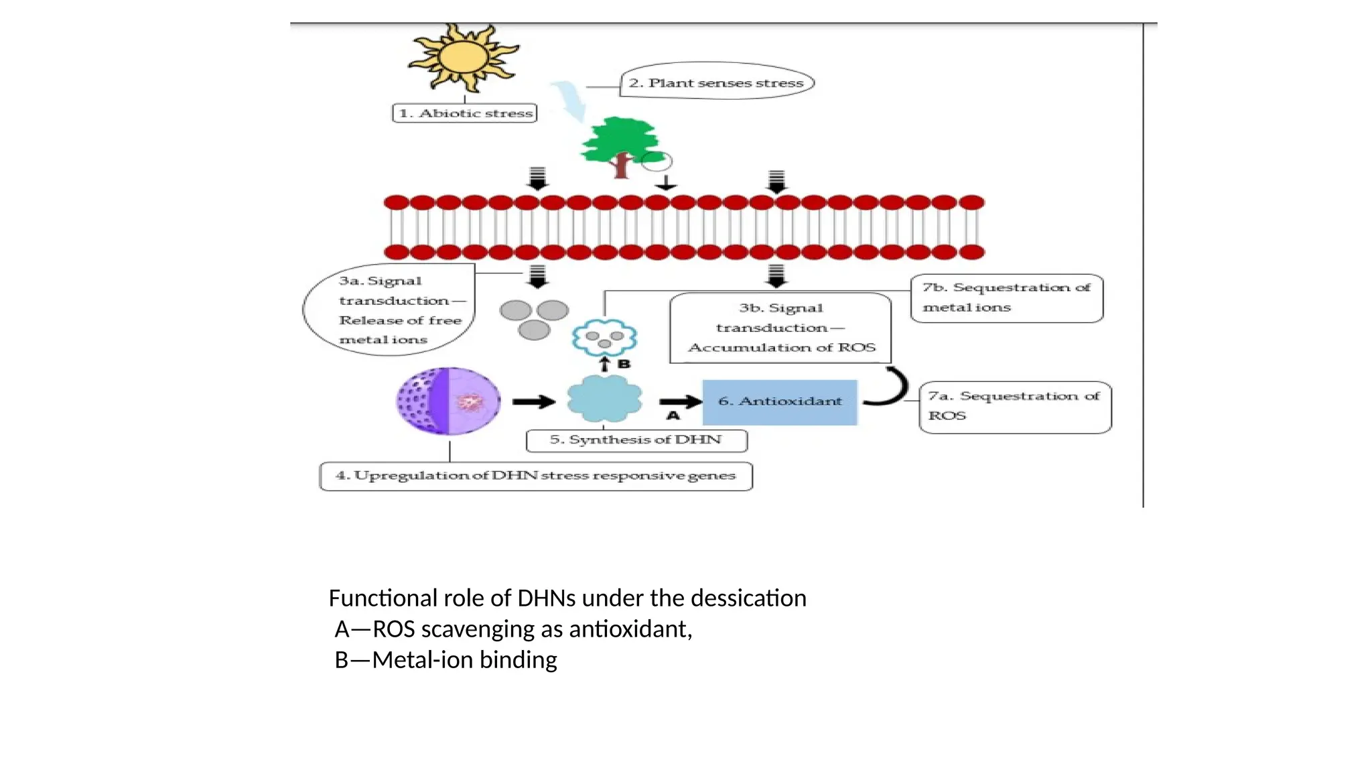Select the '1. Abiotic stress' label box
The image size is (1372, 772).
click(465, 113)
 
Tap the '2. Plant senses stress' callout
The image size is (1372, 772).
click(716, 82)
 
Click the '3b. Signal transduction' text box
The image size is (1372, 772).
click(780, 328)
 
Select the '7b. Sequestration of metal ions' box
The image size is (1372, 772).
click(1006, 298)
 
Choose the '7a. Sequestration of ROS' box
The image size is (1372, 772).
click(1014, 406)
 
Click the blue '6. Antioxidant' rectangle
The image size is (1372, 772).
click(780, 401)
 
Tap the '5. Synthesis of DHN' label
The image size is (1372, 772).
click(636, 440)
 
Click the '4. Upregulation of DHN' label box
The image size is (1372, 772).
click(535, 476)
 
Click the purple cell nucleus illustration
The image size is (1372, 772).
click(448, 401)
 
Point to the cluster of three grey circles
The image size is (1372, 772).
click(534, 318)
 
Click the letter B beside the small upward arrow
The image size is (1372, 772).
click(624, 364)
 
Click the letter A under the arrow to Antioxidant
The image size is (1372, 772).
click(673, 416)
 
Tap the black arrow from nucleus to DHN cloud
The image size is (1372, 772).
click(534, 401)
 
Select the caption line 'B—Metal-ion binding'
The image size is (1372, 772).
click(446, 660)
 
